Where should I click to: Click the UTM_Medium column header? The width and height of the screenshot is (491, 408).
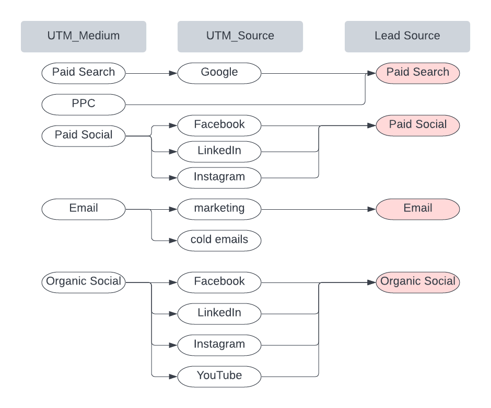tap(84, 37)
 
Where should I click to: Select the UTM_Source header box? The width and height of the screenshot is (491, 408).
tap(240, 37)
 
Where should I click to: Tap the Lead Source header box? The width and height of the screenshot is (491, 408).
tap(407, 37)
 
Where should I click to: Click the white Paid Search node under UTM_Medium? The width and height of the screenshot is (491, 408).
tap(84, 73)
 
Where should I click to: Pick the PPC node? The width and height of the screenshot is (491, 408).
tap(84, 104)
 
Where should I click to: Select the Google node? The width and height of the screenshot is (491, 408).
tap(219, 73)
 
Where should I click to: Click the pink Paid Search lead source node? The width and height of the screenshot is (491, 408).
tap(418, 73)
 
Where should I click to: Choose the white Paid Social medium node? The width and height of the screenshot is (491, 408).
tap(84, 135)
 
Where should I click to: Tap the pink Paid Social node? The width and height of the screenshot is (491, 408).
tap(418, 125)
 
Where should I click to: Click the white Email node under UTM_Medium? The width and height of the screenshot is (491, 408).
tap(84, 209)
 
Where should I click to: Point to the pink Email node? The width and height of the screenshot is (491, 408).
tap(418, 209)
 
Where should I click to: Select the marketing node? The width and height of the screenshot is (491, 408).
tap(219, 209)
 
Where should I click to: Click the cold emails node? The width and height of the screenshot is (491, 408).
tap(219, 240)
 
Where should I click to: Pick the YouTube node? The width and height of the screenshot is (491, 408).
tap(219, 376)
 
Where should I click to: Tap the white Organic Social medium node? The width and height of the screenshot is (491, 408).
tap(84, 282)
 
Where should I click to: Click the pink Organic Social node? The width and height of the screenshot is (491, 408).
tap(418, 282)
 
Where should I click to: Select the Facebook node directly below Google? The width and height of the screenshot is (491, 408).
tap(219, 125)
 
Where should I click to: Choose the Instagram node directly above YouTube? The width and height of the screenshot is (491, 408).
tap(219, 345)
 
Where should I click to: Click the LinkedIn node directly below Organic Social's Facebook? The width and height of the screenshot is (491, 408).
tap(219, 313)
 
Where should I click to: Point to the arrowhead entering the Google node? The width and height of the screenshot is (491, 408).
tap(173, 73)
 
